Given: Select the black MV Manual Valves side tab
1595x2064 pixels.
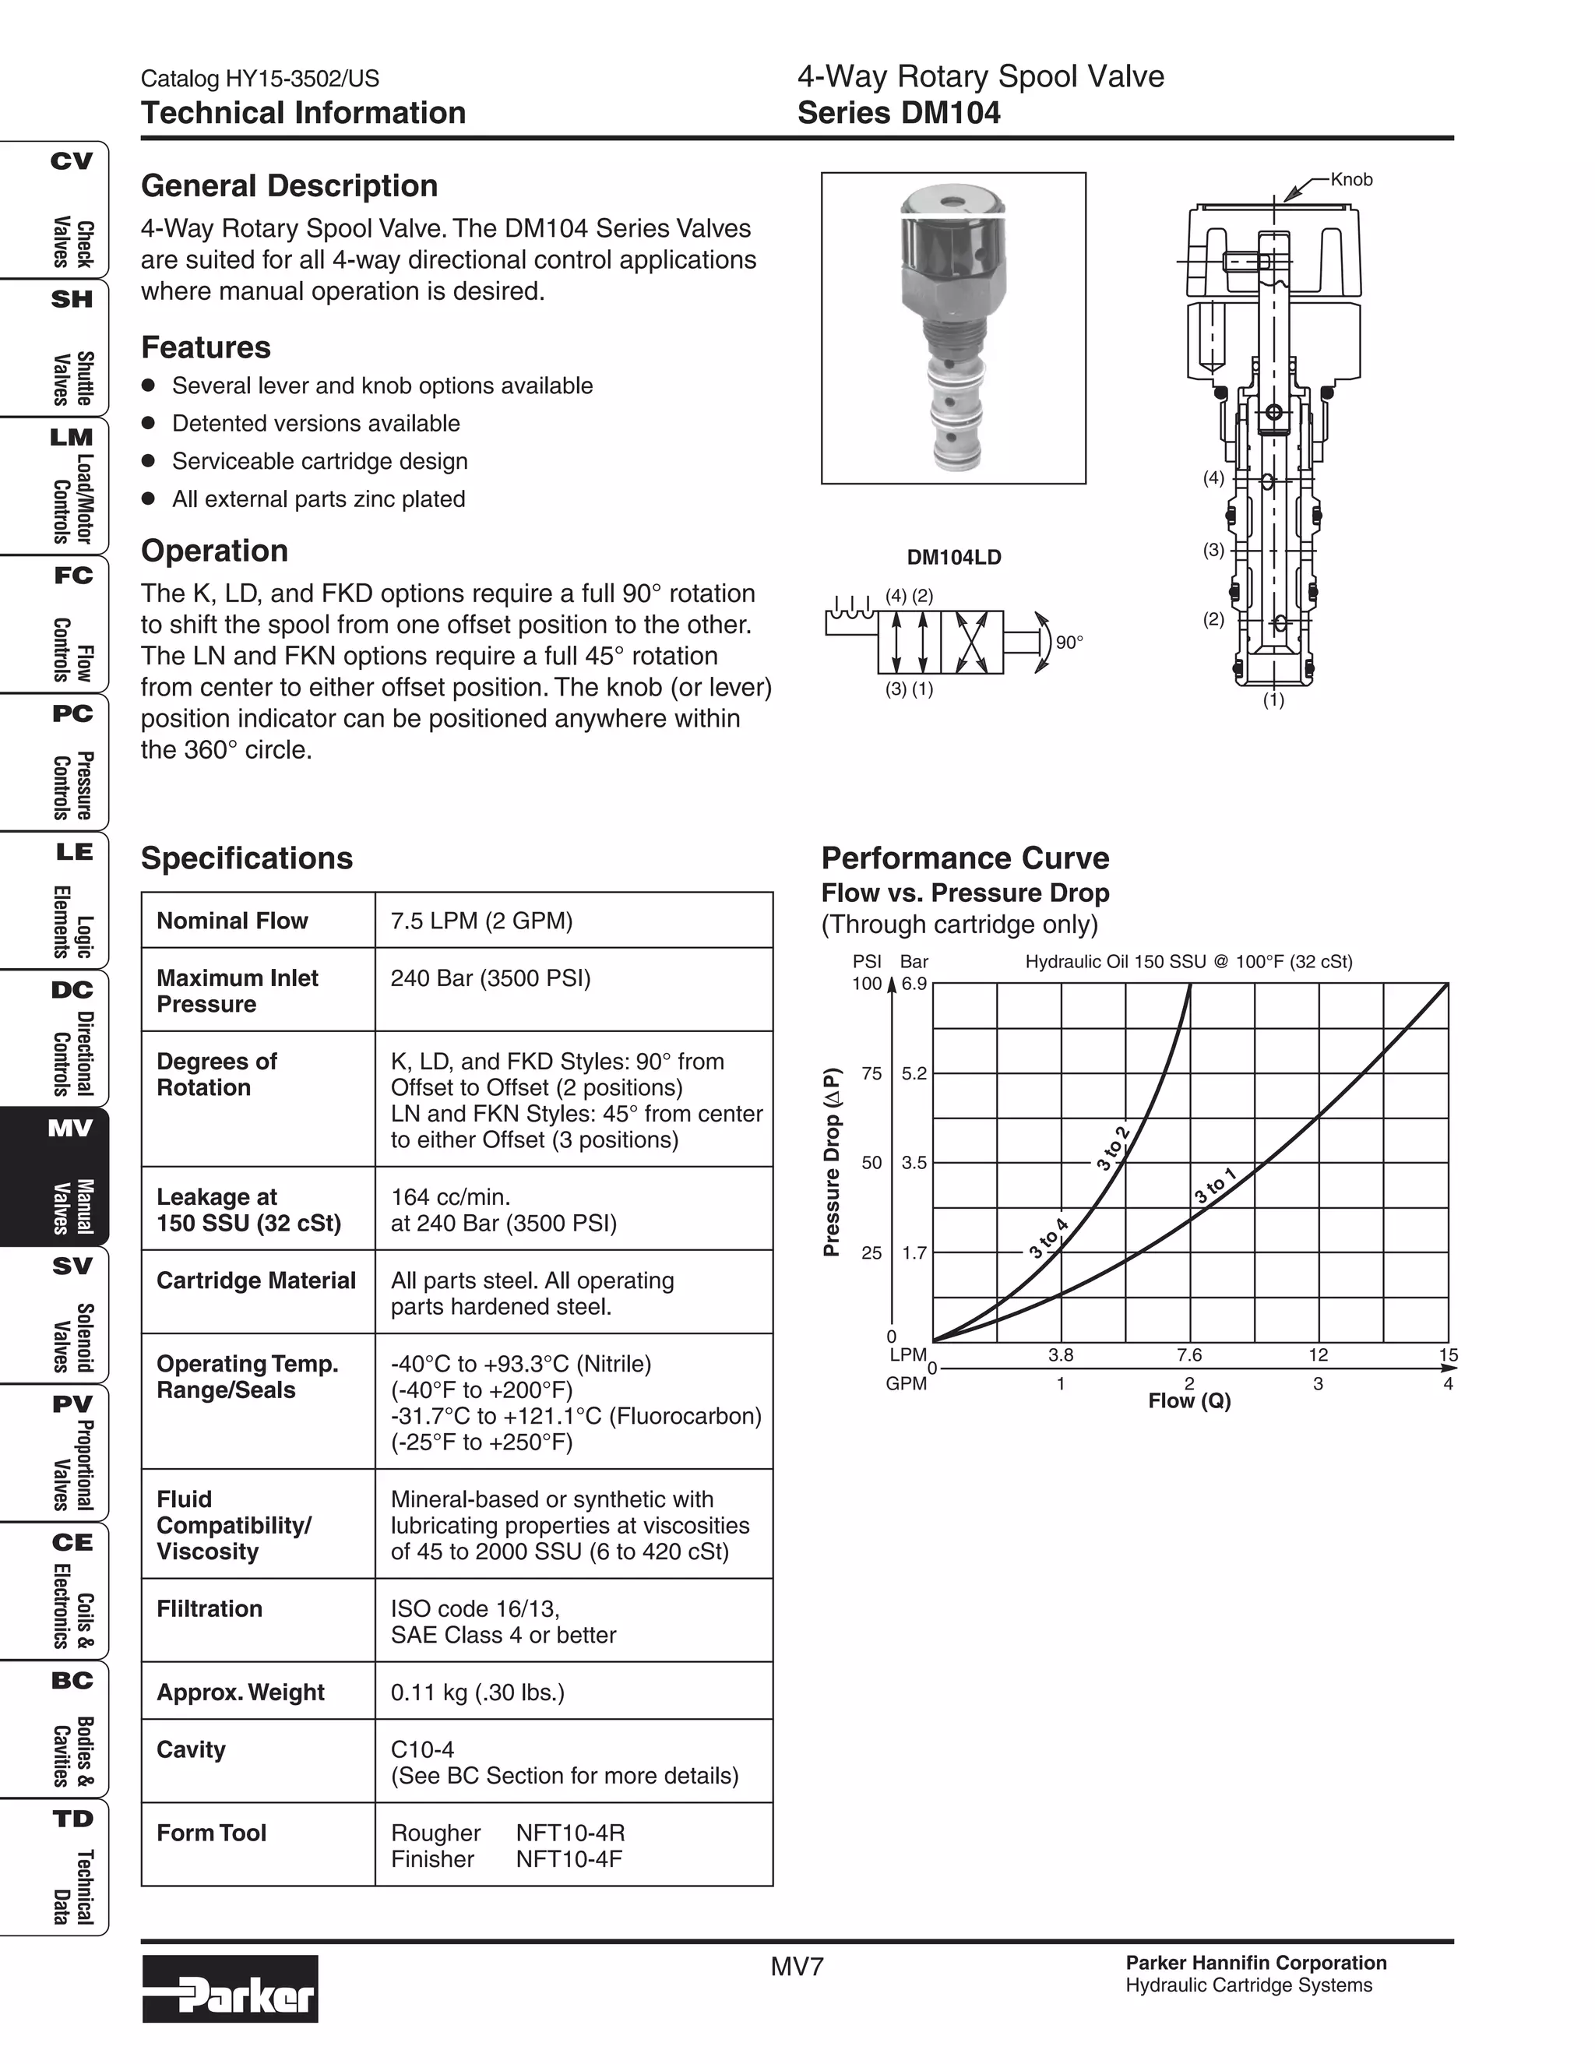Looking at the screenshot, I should [55, 1177].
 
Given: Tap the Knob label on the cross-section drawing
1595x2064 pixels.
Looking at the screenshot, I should [1350, 180].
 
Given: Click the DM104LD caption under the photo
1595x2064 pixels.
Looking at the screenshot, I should [953, 558].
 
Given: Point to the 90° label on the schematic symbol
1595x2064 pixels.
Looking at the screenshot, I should [1069, 643].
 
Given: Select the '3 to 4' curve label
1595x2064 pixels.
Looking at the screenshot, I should [1048, 1239].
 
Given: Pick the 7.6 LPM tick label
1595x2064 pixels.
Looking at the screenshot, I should [1188, 1355].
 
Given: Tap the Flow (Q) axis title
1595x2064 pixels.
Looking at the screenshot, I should [1188, 1400].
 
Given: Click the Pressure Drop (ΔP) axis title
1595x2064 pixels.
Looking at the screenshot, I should [832, 1162].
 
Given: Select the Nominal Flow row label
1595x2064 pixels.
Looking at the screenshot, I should [232, 921].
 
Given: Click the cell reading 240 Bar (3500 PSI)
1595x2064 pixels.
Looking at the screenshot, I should [491, 978].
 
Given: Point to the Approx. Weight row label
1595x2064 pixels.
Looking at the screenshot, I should [240, 1692].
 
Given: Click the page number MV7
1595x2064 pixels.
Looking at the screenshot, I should [797, 1967].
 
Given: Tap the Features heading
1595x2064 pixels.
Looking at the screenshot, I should [206, 348].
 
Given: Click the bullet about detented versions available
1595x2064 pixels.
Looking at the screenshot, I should [315, 424].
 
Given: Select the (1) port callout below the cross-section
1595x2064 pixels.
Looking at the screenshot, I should [1273, 700].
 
